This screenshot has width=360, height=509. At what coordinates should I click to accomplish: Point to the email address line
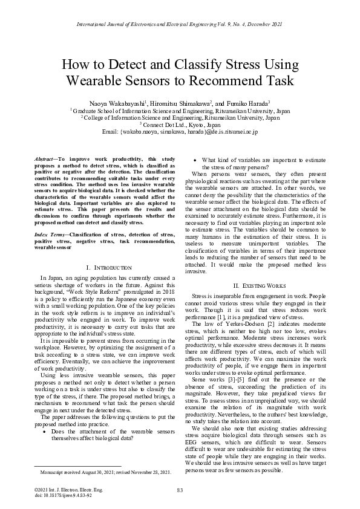coord(180,131)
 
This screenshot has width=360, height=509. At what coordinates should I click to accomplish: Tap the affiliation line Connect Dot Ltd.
coord(180,125)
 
